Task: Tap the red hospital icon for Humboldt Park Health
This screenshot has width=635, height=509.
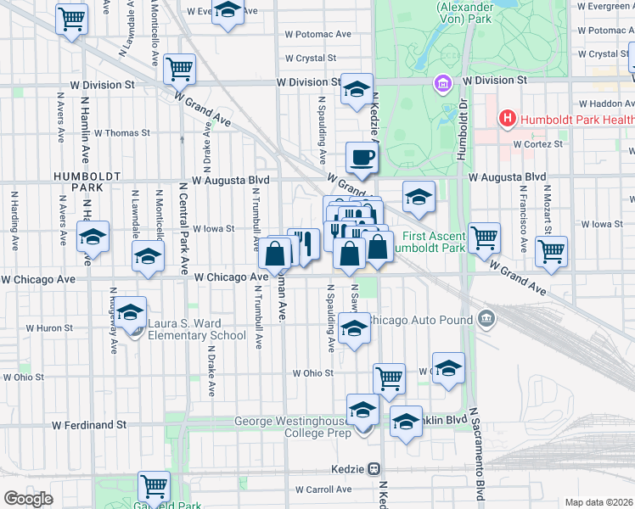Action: coord(508,119)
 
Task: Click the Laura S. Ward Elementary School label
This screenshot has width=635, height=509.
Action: coord(197,328)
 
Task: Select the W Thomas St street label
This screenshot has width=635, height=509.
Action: coord(121,132)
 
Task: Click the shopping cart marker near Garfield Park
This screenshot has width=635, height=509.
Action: coord(154,487)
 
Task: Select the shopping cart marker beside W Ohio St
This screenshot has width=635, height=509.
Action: coord(390,378)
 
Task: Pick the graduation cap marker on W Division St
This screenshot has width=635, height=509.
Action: coord(357,89)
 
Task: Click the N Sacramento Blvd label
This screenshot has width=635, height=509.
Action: coord(480,458)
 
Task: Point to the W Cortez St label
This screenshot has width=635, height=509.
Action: coord(539,144)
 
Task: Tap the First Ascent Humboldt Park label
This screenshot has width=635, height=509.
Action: coord(433,242)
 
